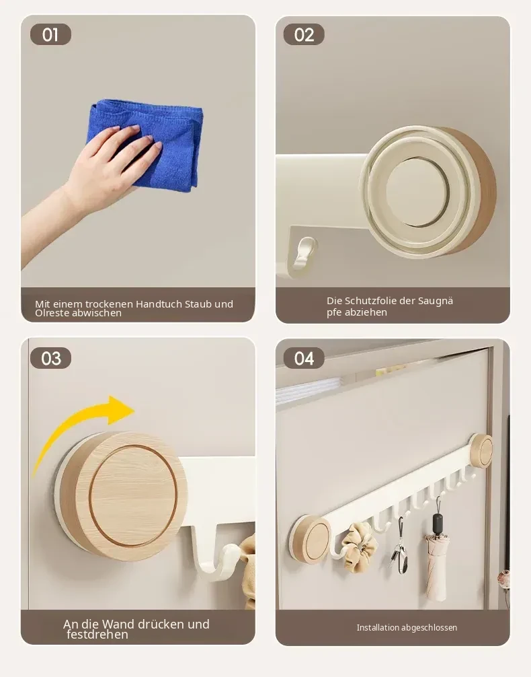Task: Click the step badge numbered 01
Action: pos(50,34)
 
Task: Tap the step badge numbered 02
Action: pos(304,34)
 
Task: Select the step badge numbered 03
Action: pos(50,358)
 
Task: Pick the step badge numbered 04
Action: pos(304,358)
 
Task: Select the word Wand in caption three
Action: pos(118,624)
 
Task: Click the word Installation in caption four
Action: pos(378,627)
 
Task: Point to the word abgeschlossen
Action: pos(430,628)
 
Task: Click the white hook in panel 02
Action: pos(303,255)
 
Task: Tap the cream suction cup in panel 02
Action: pos(427,192)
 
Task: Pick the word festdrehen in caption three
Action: pos(97,634)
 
